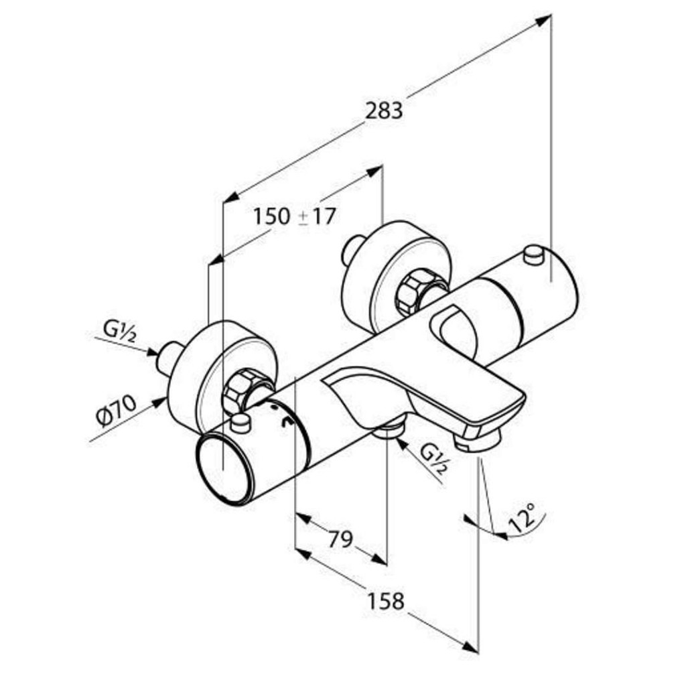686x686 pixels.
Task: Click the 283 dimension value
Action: pyautogui.click(x=384, y=111)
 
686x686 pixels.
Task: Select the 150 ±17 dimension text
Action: pyautogui.click(x=295, y=216)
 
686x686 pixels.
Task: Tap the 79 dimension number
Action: pyautogui.click(x=340, y=539)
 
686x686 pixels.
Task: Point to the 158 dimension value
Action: pyautogui.click(x=385, y=601)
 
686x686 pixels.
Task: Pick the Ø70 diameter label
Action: pyautogui.click(x=117, y=411)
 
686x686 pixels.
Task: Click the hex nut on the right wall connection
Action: pyautogui.click(x=413, y=291)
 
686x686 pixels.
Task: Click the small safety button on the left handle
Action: pyautogui.click(x=241, y=423)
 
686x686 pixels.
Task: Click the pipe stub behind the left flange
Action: pyautogui.click(x=170, y=358)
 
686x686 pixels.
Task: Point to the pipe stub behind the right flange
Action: pyautogui.click(x=354, y=251)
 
